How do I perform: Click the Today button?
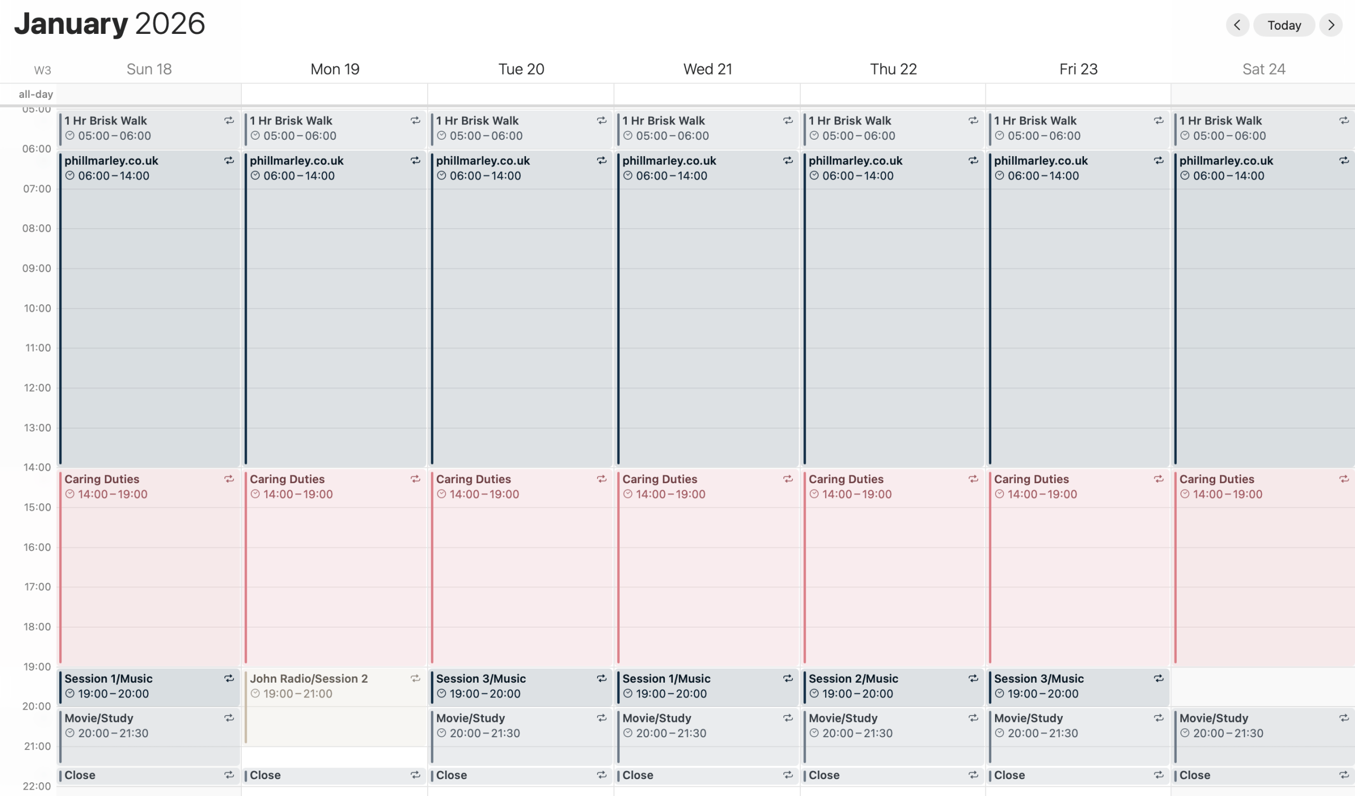(x=1284, y=25)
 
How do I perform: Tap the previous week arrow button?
(x=1237, y=25)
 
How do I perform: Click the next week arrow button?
(x=1331, y=25)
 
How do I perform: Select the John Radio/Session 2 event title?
(x=309, y=679)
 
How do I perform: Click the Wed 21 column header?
(x=707, y=69)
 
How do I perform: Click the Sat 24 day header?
(x=1263, y=69)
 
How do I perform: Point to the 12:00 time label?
(x=37, y=388)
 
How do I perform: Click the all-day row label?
(x=35, y=95)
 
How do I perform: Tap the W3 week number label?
(x=42, y=70)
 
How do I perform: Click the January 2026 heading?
(x=110, y=24)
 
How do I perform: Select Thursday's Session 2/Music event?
(x=853, y=679)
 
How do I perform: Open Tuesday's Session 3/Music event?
(x=481, y=679)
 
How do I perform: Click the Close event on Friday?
(x=1009, y=775)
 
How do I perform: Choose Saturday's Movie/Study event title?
(x=1214, y=718)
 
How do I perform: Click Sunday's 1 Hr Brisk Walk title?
(x=105, y=121)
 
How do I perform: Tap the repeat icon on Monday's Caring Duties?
(x=415, y=478)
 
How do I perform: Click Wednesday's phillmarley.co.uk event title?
(x=669, y=161)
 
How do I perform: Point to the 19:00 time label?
(x=37, y=667)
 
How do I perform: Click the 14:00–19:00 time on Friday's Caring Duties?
(x=1042, y=494)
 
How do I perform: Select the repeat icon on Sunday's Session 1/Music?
(x=229, y=679)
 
